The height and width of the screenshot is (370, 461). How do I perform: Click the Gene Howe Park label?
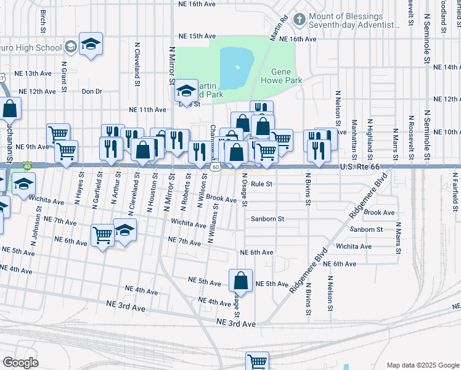pos(281,76)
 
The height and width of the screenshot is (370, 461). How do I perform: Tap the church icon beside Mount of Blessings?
pos(299,20)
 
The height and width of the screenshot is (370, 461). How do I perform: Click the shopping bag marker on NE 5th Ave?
pos(240,281)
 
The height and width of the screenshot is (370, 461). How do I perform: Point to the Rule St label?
pos(261,184)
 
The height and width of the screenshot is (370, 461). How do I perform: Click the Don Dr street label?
pos(91,91)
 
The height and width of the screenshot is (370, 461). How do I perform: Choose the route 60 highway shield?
pos(215,167)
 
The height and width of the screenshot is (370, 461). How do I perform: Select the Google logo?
pos(20,363)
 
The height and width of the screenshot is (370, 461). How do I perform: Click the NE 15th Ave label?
pos(194,36)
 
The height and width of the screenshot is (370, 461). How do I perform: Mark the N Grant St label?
pos(64,76)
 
